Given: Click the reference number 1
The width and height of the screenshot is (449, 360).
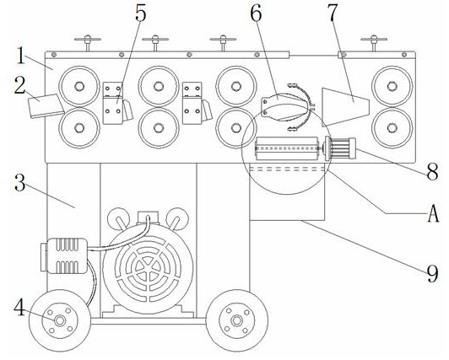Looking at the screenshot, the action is (20, 56).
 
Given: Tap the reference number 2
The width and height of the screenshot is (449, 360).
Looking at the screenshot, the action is (20, 86).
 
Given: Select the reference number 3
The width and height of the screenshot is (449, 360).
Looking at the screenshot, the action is (20, 183).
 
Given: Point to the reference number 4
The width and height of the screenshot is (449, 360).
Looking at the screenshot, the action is (20, 308).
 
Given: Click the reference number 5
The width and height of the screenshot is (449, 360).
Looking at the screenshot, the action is (141, 13).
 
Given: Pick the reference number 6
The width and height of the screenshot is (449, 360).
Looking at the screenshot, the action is (256, 13).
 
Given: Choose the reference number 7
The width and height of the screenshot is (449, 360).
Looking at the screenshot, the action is (333, 13).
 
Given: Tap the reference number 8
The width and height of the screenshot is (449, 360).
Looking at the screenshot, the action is (433, 171).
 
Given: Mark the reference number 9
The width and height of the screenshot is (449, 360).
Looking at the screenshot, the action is (433, 273).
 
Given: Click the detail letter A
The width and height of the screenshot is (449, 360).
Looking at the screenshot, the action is (433, 214).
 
